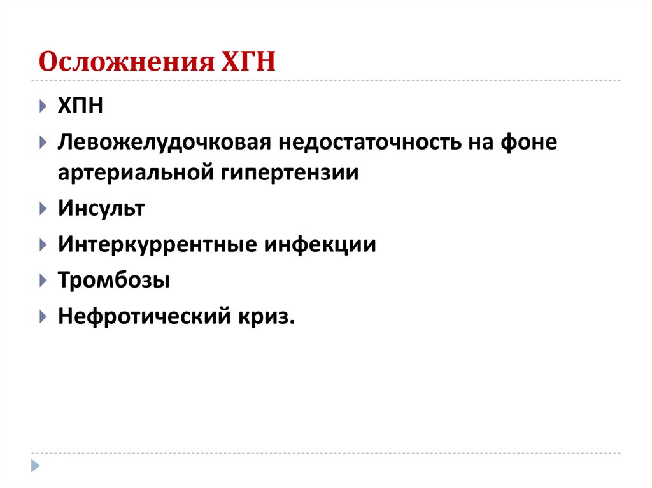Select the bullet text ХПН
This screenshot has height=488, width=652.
80,105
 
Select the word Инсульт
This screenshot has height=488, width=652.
102,208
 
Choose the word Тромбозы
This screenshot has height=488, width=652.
114,279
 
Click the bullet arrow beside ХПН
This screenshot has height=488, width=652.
42,106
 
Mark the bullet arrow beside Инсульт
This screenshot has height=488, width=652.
42,209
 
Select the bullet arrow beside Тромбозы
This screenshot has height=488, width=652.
42,280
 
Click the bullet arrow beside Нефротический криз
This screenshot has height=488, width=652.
42,316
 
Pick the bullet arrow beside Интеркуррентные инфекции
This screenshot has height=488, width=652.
42,244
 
